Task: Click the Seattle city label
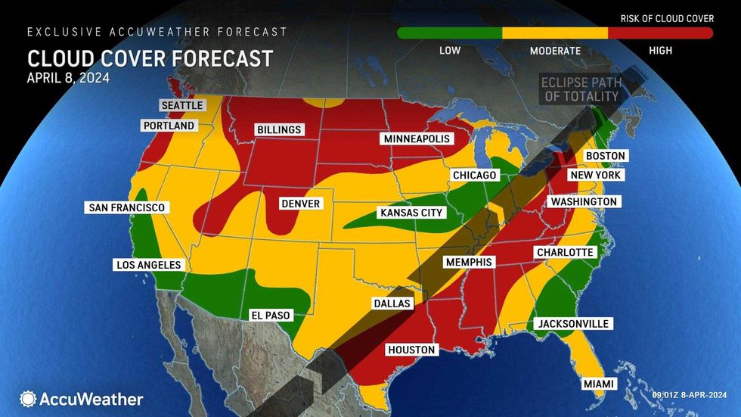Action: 182,105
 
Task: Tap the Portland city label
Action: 170,125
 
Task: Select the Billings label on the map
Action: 278,129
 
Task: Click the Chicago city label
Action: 474,176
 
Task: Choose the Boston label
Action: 606,156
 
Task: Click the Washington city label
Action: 584,202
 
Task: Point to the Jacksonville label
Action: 573,324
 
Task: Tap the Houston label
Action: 411,350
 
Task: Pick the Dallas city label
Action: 392,303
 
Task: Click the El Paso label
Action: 270,315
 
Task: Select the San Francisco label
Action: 126,207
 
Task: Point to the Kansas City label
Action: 411,213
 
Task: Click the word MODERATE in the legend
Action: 555,51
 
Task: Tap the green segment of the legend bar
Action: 449,33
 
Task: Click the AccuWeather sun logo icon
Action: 29,398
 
